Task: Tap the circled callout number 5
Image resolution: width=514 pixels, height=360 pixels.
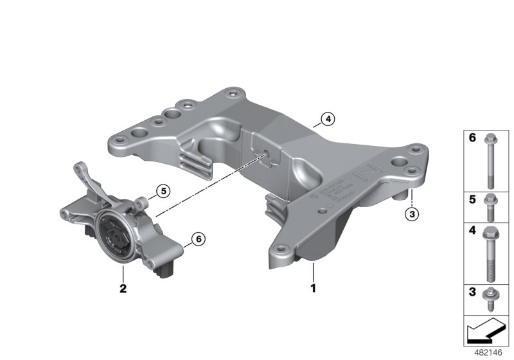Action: click(163, 190)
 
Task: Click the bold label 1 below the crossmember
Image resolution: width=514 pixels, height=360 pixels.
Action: click(314, 288)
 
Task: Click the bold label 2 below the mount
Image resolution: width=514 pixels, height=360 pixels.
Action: click(122, 288)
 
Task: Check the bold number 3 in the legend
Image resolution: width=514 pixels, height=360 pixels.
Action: click(471, 293)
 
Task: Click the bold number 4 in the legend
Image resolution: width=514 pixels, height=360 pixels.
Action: click(471, 229)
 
